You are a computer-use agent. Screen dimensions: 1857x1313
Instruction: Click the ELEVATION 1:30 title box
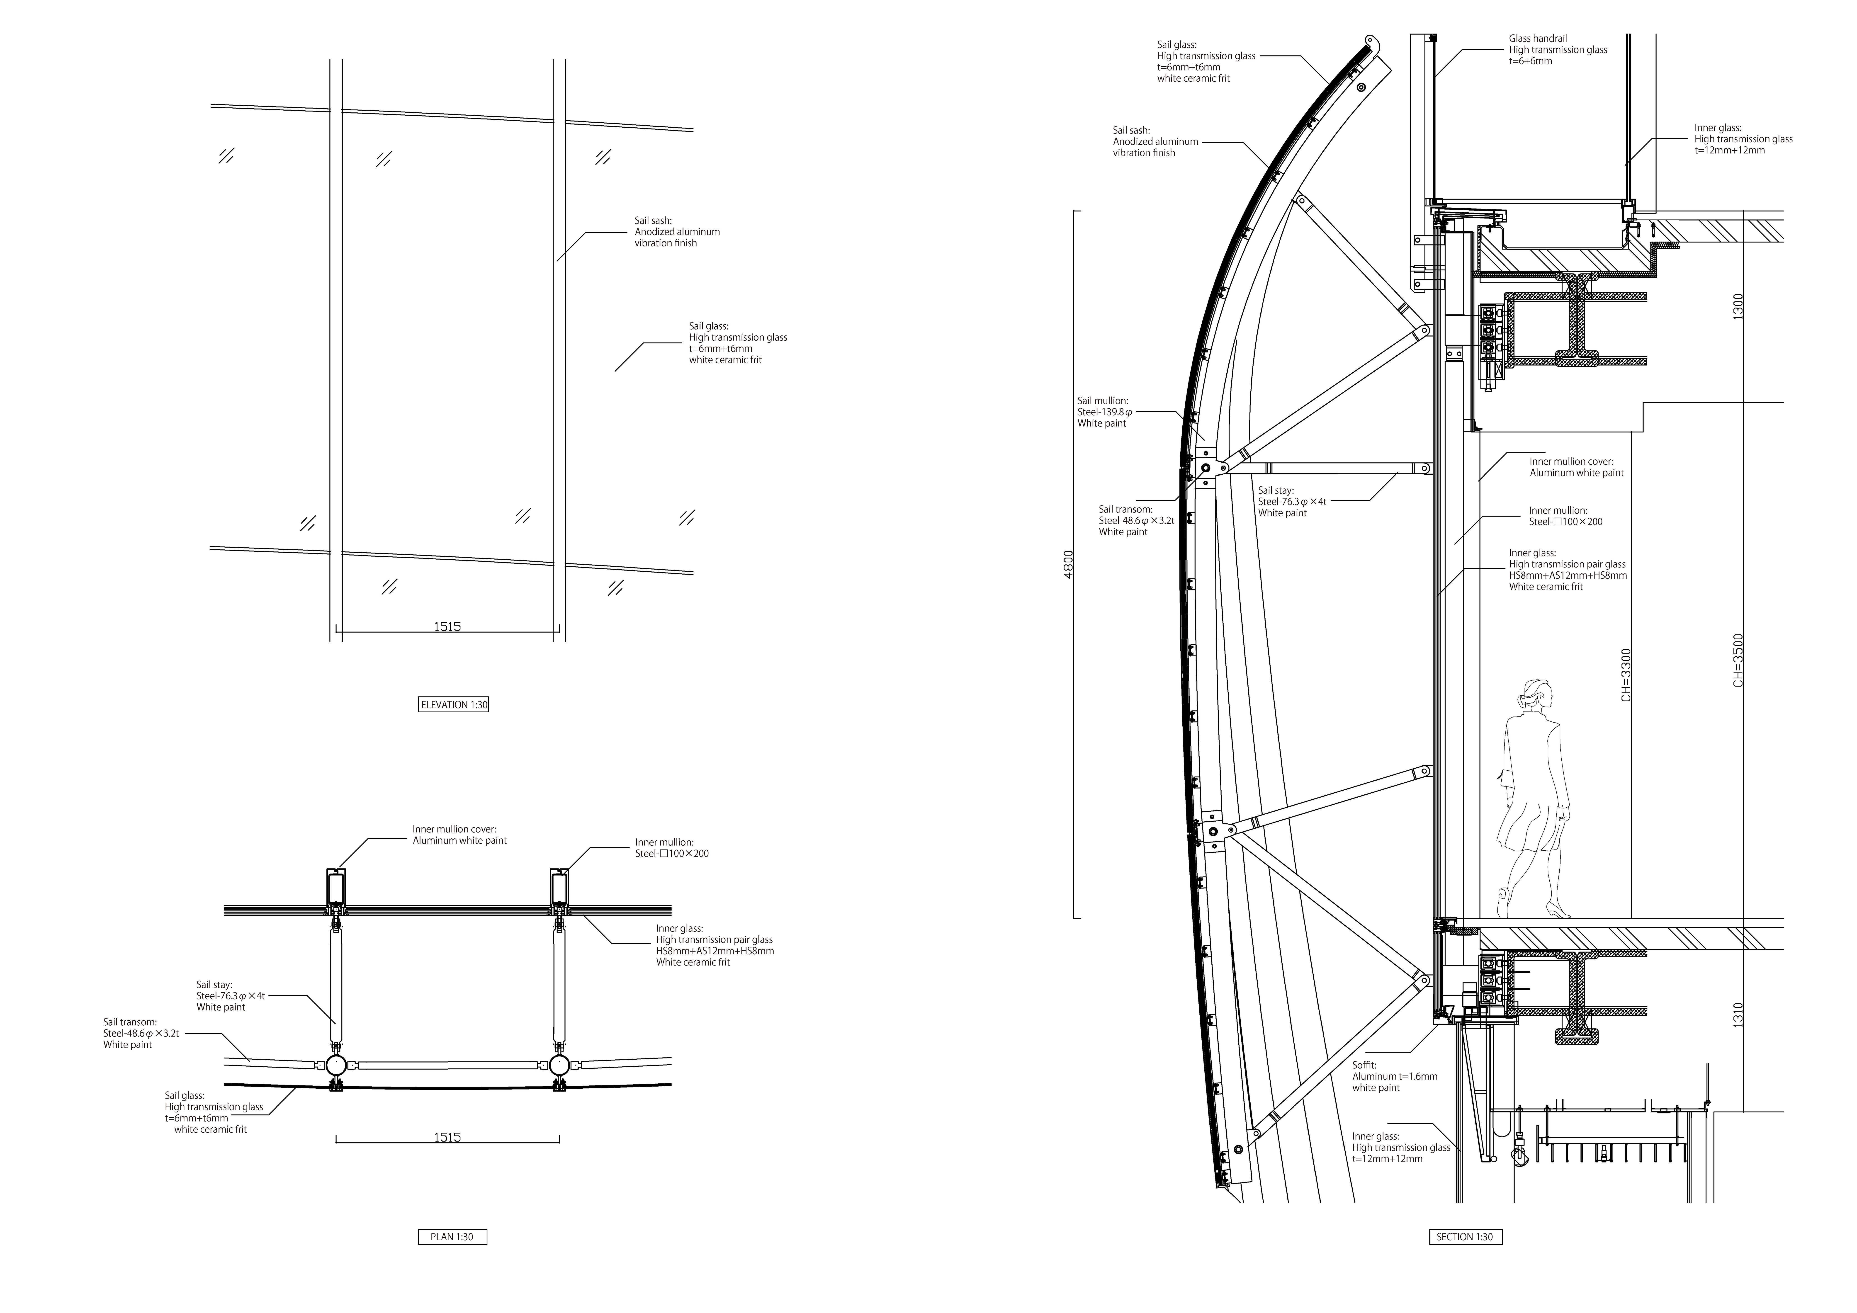[x=454, y=705]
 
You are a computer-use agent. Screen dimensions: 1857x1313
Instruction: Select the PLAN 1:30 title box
[x=452, y=1237]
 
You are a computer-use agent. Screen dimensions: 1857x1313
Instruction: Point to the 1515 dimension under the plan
[x=447, y=1138]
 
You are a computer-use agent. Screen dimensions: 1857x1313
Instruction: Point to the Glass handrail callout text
[x=1558, y=49]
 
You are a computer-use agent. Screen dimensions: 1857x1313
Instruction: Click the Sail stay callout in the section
[x=1292, y=501]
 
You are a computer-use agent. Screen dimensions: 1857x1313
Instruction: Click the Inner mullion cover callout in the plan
[x=459, y=834]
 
